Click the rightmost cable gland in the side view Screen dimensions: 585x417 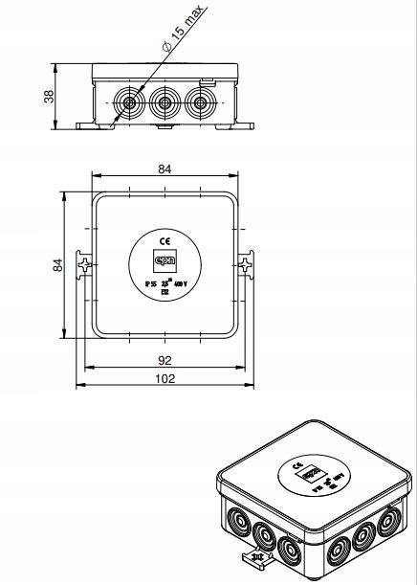[200, 102]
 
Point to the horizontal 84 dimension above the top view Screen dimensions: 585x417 [165, 169]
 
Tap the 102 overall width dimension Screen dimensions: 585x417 [165, 379]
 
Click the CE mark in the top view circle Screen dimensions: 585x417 [165, 241]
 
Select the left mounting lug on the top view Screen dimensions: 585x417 [86, 263]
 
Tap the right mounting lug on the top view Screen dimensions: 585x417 [245, 263]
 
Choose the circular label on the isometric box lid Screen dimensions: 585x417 [314, 475]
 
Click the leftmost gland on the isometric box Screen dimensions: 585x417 [235, 523]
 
